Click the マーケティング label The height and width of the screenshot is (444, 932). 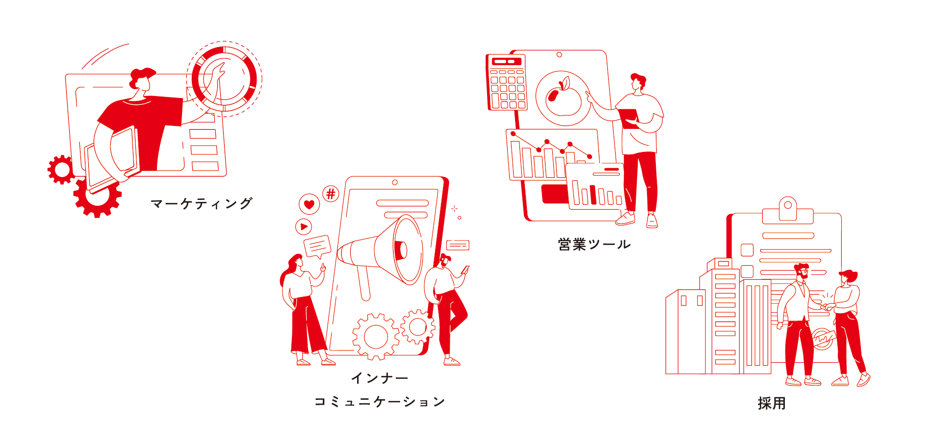pos(202,203)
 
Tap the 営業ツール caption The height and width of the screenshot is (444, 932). pos(595,244)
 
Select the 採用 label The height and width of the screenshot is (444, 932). pos(772,403)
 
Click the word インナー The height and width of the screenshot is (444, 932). pos(380,378)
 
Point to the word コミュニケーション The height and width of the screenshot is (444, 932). pos(380,402)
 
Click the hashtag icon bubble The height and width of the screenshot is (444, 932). pos(331,194)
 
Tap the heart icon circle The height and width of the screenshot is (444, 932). pos(309,204)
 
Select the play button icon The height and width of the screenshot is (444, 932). pos(304,226)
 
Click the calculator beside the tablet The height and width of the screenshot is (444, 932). pos(506,82)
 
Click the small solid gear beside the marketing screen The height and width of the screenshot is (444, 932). pos(61,170)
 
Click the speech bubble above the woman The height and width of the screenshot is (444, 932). pos(317,247)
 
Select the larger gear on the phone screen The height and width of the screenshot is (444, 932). pos(376,337)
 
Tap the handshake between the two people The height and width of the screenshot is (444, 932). pos(828,307)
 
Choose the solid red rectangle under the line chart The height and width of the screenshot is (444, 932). pos(555,194)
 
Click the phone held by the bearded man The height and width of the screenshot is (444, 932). pos(466,270)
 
